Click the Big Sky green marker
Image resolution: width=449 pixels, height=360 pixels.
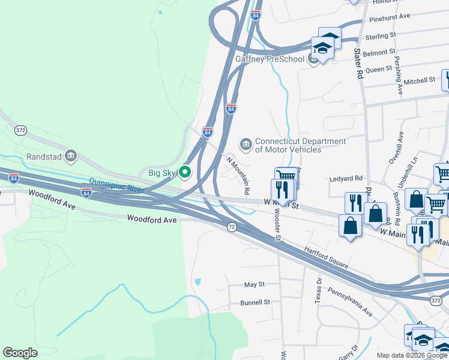[x=185, y=173]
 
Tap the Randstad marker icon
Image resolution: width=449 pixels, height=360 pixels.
[x=71, y=156]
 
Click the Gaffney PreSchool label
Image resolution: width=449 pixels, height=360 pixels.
[x=271, y=59]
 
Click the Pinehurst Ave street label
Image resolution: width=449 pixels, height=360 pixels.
[x=390, y=16]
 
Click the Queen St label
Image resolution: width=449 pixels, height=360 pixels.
[x=378, y=70]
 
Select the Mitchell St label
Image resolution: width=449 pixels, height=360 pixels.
[x=419, y=80]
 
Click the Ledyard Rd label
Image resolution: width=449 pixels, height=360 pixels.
[x=346, y=178]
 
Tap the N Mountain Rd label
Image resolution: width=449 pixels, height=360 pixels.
[x=238, y=175]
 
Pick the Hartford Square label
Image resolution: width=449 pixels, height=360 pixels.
[x=326, y=257]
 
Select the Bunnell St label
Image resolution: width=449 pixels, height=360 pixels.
[x=255, y=302]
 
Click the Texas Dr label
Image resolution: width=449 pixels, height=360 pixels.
[x=319, y=289]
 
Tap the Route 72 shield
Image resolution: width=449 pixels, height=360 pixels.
[x=232, y=227]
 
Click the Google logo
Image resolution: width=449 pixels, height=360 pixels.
[x=20, y=353]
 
